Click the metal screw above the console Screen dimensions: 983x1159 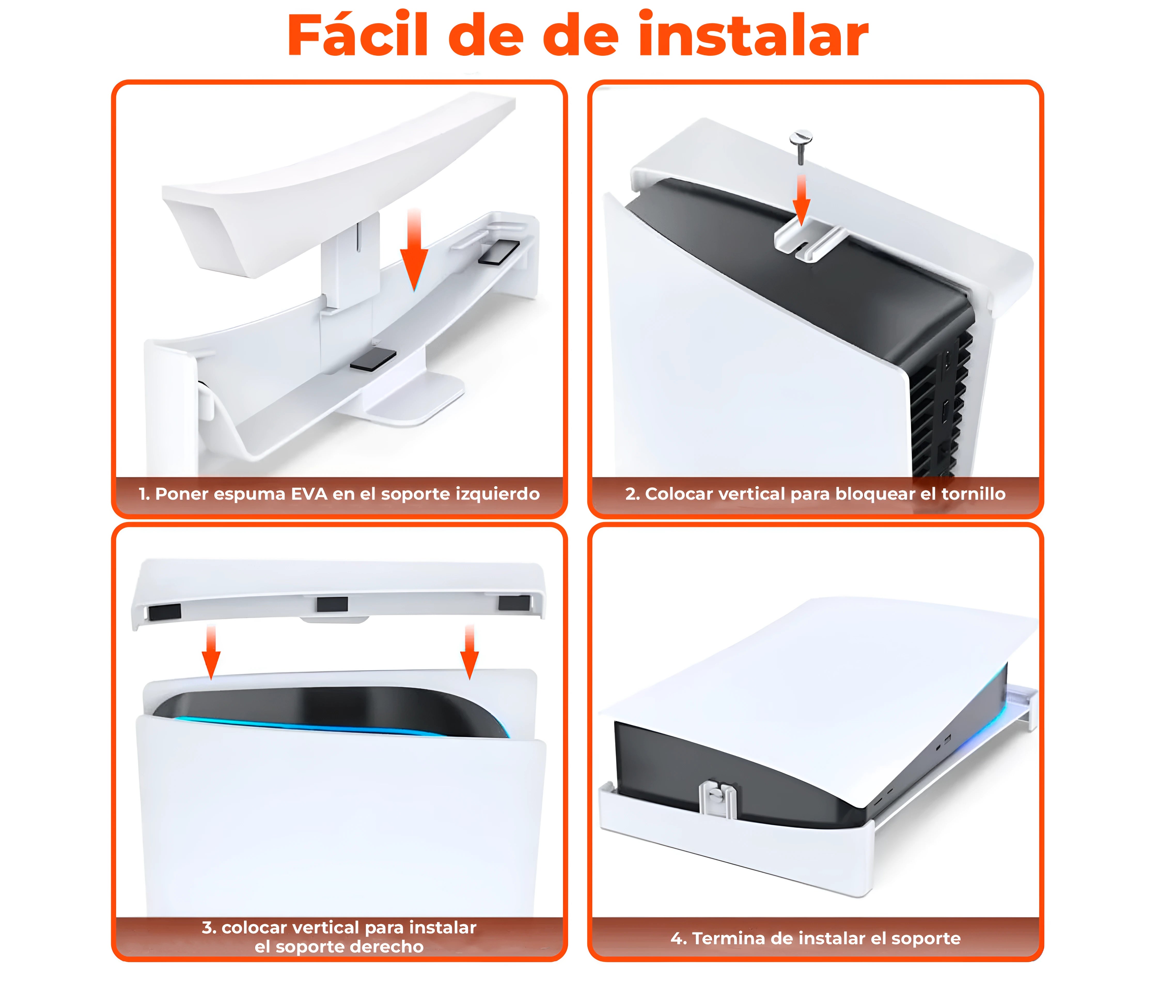coord(801,145)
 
